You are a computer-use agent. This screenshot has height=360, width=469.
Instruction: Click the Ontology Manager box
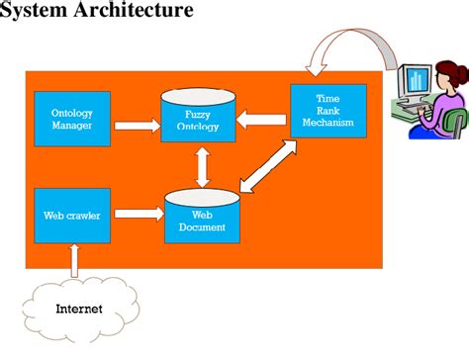click(72, 118)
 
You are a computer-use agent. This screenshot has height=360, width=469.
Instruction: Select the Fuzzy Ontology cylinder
click(198, 117)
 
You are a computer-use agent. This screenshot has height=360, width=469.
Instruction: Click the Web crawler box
click(72, 216)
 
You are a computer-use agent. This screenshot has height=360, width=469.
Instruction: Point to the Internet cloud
click(79, 309)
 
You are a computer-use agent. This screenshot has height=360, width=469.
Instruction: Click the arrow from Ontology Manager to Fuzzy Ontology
click(136, 126)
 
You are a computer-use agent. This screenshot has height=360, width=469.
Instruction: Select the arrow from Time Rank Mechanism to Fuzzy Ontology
click(262, 120)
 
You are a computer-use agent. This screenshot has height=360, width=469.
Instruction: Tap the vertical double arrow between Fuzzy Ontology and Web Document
click(203, 166)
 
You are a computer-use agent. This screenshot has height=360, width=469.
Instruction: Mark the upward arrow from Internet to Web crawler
click(73, 260)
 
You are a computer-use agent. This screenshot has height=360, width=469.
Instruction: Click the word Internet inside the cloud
click(79, 309)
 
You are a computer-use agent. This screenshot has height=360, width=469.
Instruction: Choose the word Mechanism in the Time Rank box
click(328, 123)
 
